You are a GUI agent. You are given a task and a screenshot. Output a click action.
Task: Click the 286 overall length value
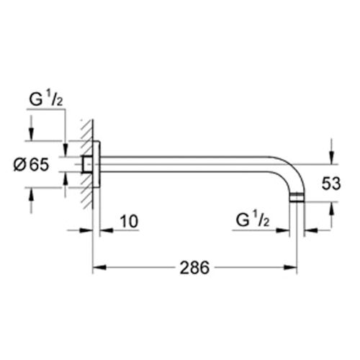pos(194,267)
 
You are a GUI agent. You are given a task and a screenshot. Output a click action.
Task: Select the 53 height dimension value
pos(330,184)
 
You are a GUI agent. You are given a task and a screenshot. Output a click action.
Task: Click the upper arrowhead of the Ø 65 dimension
pos(31,138)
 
